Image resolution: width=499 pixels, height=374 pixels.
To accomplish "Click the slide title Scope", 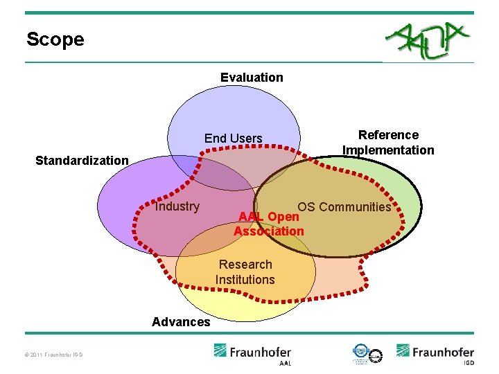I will point(55,39).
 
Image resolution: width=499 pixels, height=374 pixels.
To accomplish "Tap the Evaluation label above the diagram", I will point(252,78).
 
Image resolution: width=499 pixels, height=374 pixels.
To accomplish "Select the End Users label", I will point(233,139).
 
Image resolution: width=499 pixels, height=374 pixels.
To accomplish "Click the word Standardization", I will point(82,161).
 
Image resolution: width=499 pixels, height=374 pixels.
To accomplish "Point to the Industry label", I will point(177,206).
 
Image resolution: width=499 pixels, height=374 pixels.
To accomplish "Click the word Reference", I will point(388,135).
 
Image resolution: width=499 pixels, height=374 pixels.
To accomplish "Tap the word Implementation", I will point(388,150).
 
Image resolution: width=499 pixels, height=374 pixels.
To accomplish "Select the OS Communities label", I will point(344,207).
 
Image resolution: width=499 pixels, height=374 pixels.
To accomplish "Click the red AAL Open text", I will point(268,216).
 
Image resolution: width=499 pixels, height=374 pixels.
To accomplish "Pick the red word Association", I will point(269,231).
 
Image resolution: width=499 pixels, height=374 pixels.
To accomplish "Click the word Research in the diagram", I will point(245,265).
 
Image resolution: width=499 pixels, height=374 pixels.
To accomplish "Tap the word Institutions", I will point(245,280).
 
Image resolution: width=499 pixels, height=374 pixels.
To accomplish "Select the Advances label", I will point(181,321).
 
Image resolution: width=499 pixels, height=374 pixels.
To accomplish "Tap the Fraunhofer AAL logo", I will point(252,352).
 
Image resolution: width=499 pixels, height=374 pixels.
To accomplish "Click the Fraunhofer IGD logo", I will point(435,352).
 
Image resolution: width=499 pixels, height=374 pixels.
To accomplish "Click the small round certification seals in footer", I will point(367,353).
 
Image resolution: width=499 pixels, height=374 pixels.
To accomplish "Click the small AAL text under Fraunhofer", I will point(285,363).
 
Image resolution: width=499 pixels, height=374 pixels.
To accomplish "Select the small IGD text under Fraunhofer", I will point(469,363).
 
